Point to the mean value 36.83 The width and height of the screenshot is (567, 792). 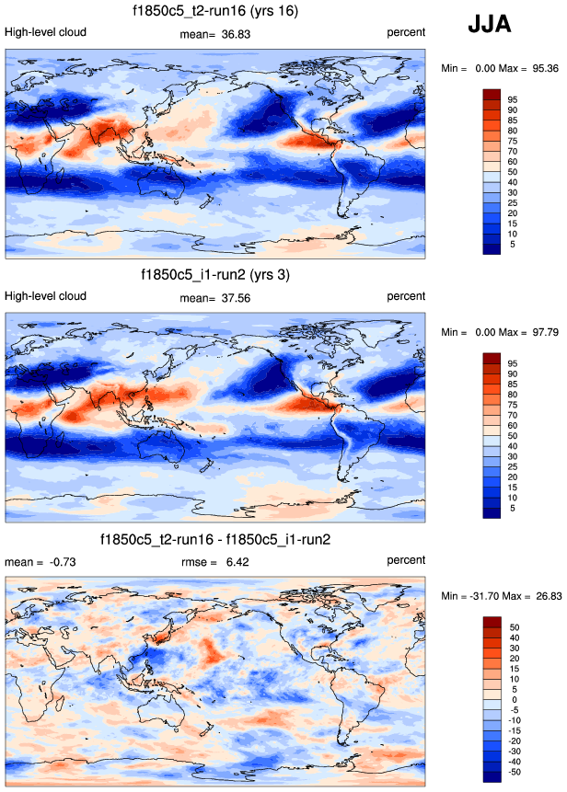click(x=237, y=33)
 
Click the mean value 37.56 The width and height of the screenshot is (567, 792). click(x=237, y=297)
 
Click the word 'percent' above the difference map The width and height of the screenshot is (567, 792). click(x=406, y=559)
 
